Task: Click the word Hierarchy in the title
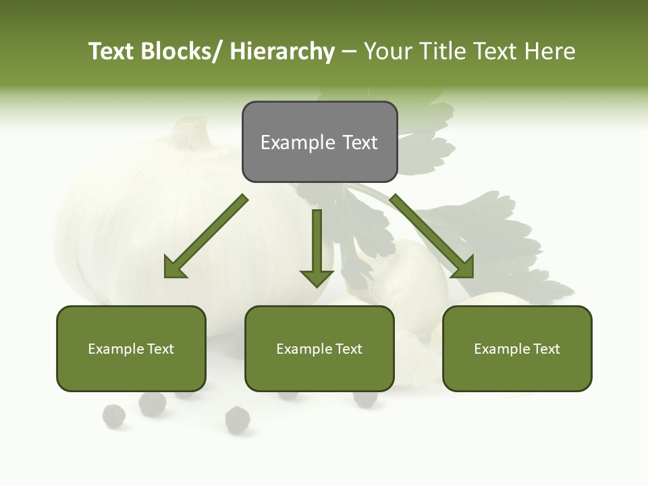(282, 52)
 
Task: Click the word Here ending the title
(550, 52)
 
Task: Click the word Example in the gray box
(298, 143)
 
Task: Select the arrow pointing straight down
(317, 250)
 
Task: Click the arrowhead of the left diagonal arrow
(175, 268)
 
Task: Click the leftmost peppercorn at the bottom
(114, 416)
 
